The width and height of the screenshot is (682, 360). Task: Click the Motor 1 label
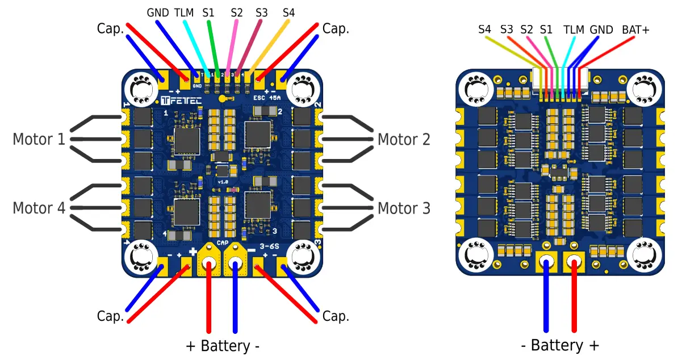click(x=39, y=139)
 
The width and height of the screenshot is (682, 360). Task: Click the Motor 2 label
click(x=404, y=139)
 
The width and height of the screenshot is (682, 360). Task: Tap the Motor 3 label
click(x=404, y=208)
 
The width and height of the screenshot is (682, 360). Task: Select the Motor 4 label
click(x=39, y=208)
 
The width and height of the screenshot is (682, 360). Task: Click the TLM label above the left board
click(x=183, y=12)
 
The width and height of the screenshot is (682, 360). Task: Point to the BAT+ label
click(x=635, y=30)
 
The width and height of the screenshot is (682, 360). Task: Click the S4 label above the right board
click(x=484, y=30)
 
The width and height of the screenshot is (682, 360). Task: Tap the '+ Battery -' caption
click(x=223, y=346)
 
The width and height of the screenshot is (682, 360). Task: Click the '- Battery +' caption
click(x=560, y=345)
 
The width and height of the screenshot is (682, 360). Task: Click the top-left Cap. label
click(x=110, y=28)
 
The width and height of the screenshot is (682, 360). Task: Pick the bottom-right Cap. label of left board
click(x=335, y=316)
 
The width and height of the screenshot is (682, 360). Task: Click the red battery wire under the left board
click(x=210, y=301)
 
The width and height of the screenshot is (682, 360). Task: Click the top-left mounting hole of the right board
click(x=475, y=88)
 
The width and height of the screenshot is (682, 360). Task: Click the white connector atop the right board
click(x=559, y=77)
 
